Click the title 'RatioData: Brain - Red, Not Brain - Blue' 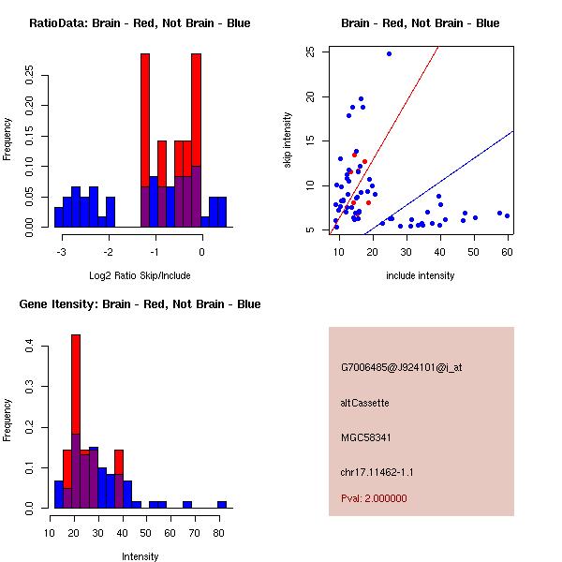tap(140, 23)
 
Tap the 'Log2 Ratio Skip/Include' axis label tap(140, 274)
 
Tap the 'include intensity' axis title tap(421, 274)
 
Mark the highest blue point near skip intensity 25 tap(389, 53)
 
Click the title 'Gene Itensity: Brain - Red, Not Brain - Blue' tap(140, 304)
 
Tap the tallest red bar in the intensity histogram tap(76, 375)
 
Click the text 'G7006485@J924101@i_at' tap(401, 367)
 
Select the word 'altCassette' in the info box tap(364, 403)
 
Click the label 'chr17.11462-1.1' tap(375, 471)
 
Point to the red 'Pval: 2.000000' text tap(374, 498)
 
